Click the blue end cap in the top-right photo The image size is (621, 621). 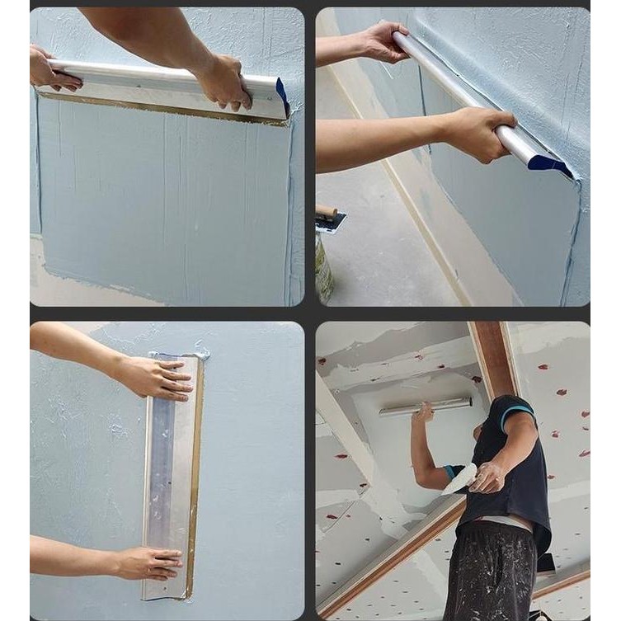pyautogui.click(x=548, y=163)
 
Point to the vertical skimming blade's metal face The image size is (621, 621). pyautogui.click(x=171, y=478)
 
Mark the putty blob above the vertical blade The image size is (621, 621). pyautogui.click(x=200, y=353)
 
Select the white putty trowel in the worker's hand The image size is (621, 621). pyautogui.click(x=459, y=479)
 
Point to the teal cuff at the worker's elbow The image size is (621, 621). pyautogui.click(x=450, y=471)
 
